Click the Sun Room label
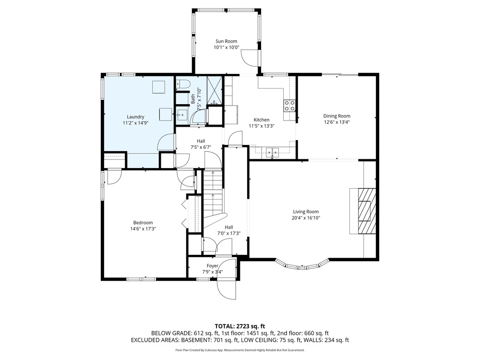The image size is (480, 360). click(226, 41)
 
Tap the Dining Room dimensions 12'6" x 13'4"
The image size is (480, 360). click(337, 122)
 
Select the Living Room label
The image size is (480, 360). click(306, 212)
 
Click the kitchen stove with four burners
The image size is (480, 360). click(289, 106)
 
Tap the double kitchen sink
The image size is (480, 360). click(273, 151)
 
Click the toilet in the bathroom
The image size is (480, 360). click(183, 84)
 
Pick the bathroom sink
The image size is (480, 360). click(182, 115)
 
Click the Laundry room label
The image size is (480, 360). click(135, 117)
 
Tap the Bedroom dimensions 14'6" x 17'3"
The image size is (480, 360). click(143, 228)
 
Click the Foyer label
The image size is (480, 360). click(213, 266)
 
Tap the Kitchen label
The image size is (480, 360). click(262, 120)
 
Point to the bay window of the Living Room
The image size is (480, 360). click(302, 265)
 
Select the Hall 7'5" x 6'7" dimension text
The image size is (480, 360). click(201, 147)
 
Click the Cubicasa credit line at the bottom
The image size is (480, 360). click(240, 350)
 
